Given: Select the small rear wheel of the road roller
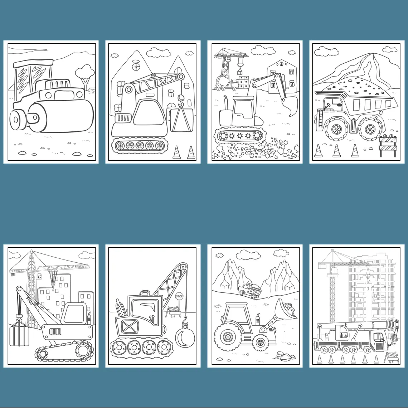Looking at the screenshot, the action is coord(17,120).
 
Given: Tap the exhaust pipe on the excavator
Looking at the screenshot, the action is coord(226,103).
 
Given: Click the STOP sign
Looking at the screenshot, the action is coord(179,296).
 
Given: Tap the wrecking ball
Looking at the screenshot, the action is coord(184,337).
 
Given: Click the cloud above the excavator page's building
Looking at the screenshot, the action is coord(264,50).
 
